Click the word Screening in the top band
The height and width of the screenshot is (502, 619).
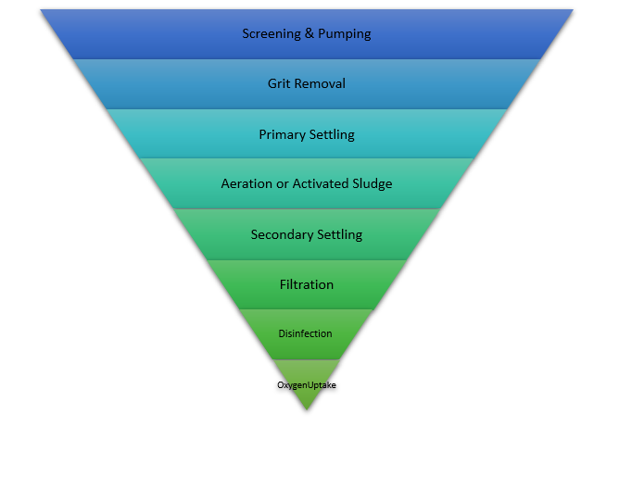(271, 34)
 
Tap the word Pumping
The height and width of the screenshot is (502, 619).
(345, 34)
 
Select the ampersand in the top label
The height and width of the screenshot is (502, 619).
(309, 34)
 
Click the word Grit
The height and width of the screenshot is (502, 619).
(279, 83)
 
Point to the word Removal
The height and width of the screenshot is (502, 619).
(320, 83)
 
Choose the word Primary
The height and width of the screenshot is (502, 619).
(282, 134)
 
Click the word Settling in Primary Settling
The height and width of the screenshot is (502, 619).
(332, 134)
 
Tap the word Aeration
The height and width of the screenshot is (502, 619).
(246, 183)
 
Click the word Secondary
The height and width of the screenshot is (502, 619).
(281, 234)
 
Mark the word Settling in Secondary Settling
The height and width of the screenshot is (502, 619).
(339, 234)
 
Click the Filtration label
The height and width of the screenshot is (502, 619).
(307, 284)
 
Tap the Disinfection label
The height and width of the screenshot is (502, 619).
(306, 333)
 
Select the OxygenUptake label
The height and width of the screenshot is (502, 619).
(307, 384)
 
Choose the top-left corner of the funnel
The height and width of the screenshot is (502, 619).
(41, 10)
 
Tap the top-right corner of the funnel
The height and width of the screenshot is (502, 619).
(573, 10)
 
